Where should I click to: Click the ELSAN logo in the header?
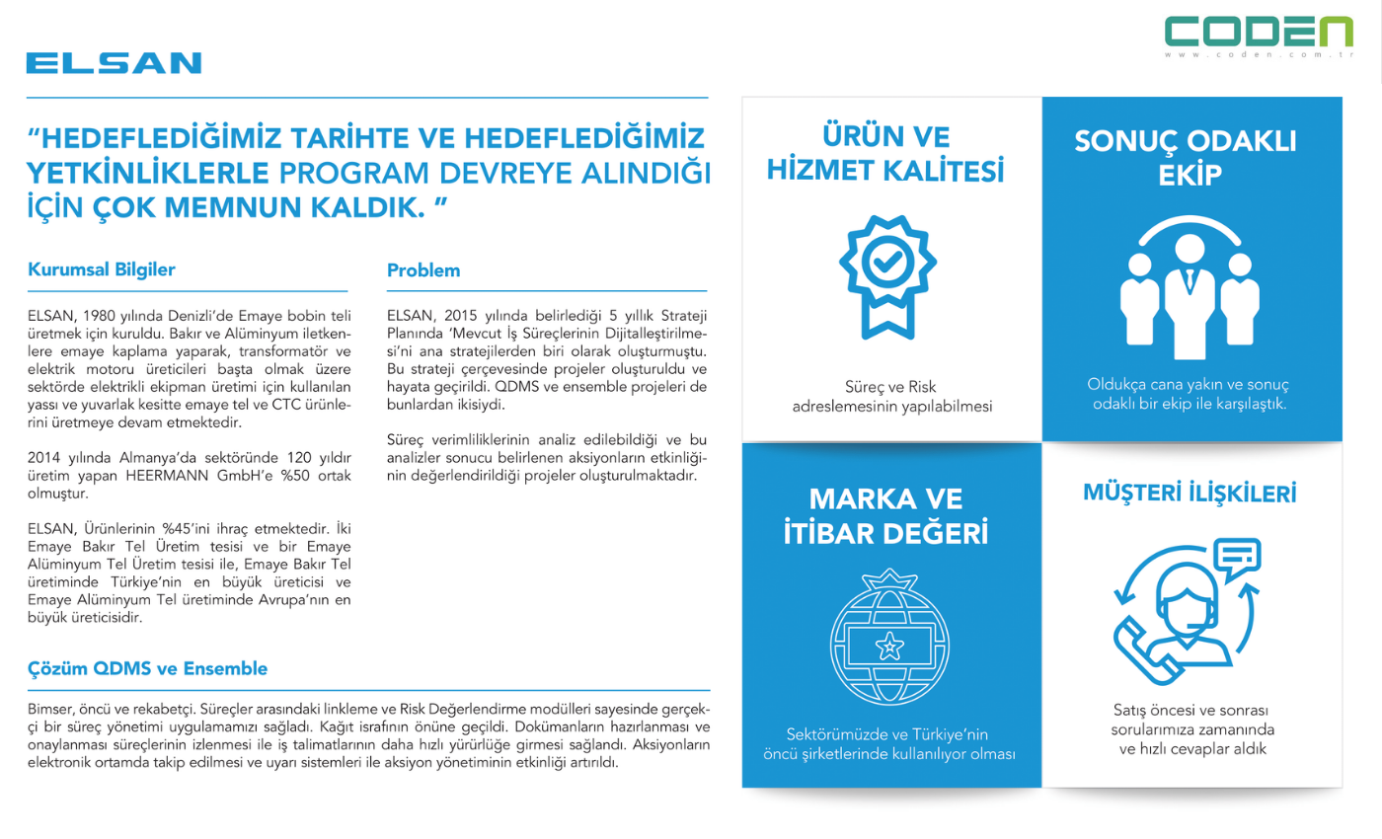pos(114,63)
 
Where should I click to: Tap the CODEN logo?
pos(1259,32)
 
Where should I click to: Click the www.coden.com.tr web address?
pos(1259,55)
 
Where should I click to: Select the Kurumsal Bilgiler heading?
pos(102,268)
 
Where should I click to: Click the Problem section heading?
pos(422,269)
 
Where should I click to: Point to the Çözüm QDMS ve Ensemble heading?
pos(147,668)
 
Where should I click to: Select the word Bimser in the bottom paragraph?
pos(50,710)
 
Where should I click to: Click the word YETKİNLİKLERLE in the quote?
pos(148,173)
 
